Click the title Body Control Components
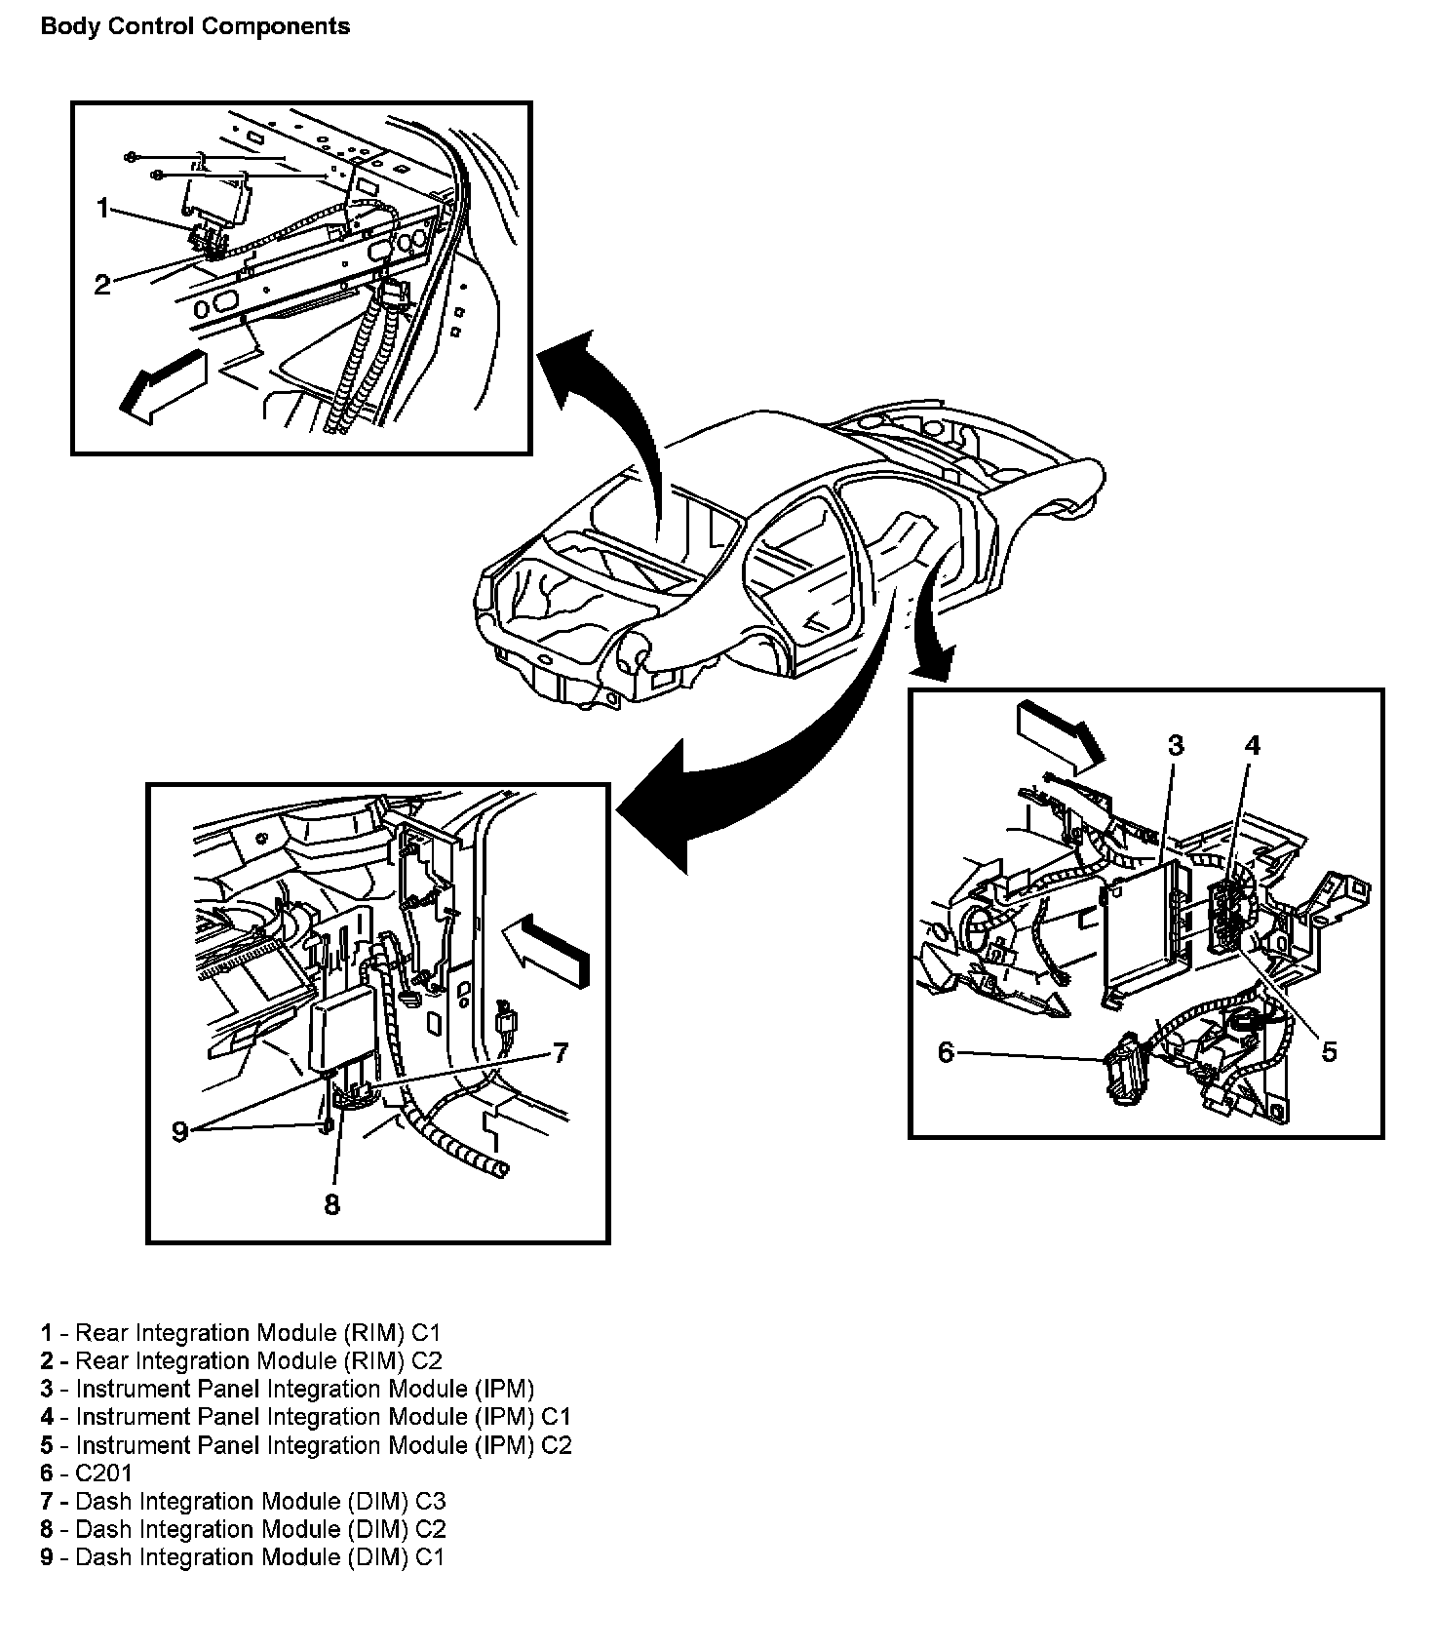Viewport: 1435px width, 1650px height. (x=195, y=26)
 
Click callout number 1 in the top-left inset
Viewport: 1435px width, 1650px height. (x=103, y=208)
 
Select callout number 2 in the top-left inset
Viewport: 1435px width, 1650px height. (x=102, y=285)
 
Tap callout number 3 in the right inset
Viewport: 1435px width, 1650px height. (x=1176, y=746)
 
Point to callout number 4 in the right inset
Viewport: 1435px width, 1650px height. (x=1253, y=746)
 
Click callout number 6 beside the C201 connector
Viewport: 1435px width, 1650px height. (x=946, y=1053)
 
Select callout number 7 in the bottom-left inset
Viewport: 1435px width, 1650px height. (x=560, y=1052)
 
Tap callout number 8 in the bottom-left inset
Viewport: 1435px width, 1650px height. (x=331, y=1204)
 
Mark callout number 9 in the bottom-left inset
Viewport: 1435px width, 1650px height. (x=179, y=1131)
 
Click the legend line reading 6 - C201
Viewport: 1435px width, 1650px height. (x=86, y=1473)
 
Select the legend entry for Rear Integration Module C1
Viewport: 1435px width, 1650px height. (x=241, y=1332)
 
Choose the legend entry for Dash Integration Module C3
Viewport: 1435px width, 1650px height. (x=243, y=1501)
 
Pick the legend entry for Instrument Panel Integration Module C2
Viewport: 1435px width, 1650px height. (x=306, y=1444)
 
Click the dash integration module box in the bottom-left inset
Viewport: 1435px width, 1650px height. (x=344, y=1028)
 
